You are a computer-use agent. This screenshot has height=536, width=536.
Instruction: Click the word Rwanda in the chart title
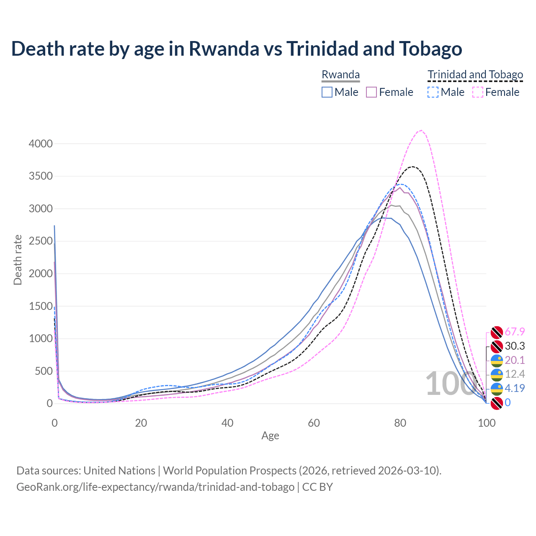click(224, 49)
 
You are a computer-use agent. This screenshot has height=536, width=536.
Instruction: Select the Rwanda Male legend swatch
click(327, 92)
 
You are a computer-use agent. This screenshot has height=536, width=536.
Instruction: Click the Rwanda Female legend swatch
click(371, 92)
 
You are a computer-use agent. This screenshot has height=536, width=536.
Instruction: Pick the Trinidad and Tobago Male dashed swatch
click(433, 92)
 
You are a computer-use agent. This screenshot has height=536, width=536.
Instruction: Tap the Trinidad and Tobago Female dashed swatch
click(477, 92)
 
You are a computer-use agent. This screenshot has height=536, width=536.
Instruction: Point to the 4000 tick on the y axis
click(41, 144)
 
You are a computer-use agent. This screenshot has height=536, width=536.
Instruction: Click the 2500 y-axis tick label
click(41, 241)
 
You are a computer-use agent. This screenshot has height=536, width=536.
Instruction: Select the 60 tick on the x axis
click(314, 423)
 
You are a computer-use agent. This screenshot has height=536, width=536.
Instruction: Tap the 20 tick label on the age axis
click(141, 423)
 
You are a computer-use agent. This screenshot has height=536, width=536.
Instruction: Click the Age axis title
click(270, 435)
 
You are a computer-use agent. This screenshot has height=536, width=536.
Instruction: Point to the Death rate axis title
click(18, 260)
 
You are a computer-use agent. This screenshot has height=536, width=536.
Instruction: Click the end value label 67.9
click(515, 332)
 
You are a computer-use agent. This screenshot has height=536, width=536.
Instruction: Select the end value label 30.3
click(515, 346)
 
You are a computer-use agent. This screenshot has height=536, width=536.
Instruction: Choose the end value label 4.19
click(515, 388)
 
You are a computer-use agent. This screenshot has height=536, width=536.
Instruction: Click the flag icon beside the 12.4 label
click(497, 374)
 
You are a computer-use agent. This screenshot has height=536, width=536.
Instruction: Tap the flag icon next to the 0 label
click(497, 403)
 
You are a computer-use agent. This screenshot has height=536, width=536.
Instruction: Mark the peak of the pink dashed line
click(421, 130)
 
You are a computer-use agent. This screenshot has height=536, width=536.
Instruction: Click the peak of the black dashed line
click(412, 167)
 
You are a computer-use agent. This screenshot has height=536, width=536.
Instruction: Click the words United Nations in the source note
click(119, 471)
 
